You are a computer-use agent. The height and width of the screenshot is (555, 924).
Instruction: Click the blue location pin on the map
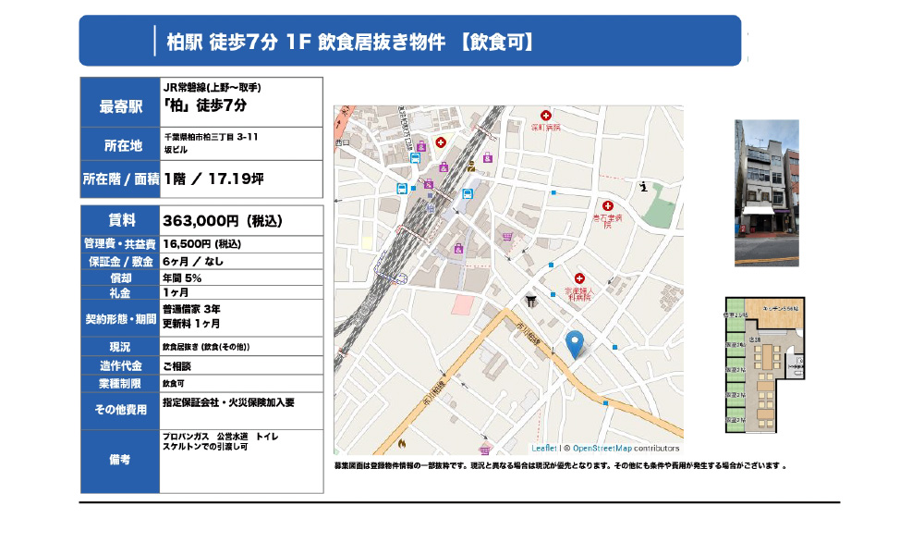(x=574, y=342)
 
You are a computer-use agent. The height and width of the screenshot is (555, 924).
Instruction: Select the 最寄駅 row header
(x=120, y=107)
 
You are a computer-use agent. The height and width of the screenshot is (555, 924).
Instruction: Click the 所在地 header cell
(x=120, y=145)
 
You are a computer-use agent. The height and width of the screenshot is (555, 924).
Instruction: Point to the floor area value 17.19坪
(x=237, y=179)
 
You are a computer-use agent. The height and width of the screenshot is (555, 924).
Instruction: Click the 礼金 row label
(x=120, y=293)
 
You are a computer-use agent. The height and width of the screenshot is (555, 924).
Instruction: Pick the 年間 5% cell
(x=182, y=277)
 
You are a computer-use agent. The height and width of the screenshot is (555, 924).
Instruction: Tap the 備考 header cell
(x=120, y=460)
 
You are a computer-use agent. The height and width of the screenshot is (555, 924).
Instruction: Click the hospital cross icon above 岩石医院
(x=607, y=205)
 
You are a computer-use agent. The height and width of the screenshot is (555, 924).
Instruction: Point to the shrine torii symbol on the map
(x=530, y=300)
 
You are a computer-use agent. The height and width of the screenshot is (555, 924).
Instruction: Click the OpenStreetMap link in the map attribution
(x=597, y=448)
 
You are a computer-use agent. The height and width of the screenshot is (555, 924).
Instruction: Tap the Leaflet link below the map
(x=544, y=448)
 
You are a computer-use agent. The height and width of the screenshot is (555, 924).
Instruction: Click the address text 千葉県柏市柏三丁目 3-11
(x=210, y=137)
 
